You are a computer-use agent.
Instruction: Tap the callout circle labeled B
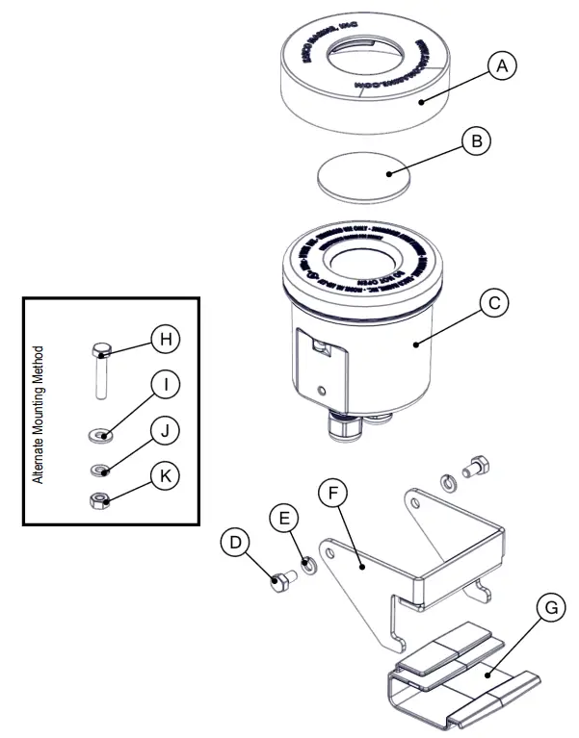pos(475,141)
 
